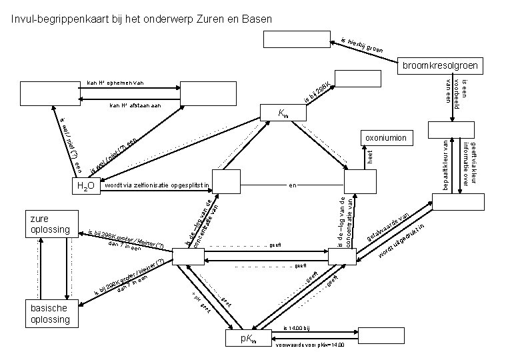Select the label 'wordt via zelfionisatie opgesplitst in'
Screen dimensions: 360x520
[x=157, y=184]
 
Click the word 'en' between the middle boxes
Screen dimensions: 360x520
[x=291, y=184]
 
